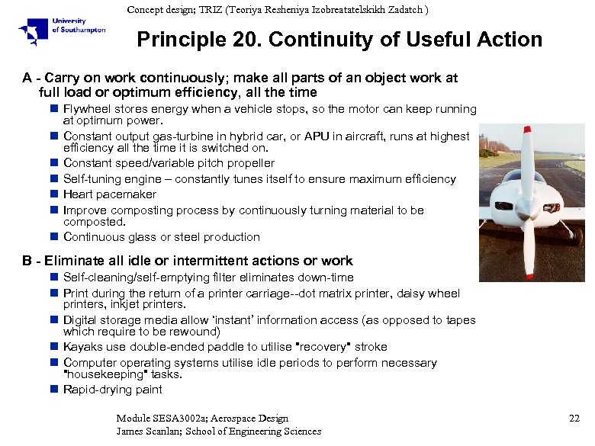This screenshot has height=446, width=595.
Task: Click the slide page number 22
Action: click(574, 418)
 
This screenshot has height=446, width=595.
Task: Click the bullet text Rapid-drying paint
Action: click(112, 390)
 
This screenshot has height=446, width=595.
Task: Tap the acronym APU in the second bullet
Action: click(317, 136)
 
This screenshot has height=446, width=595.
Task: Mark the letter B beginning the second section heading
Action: click(27, 261)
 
